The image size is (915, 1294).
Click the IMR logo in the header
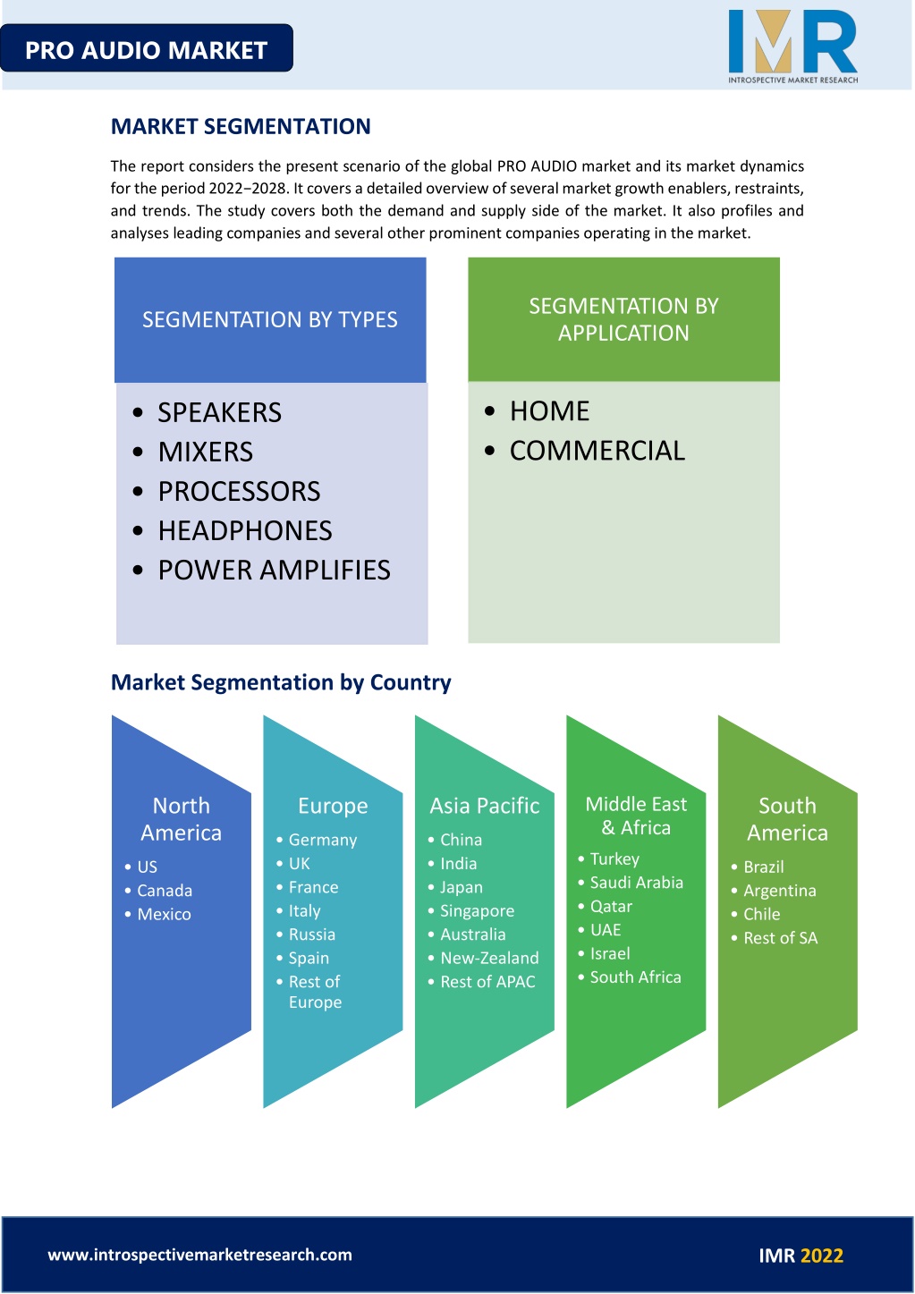792,47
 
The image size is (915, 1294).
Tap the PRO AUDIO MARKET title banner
146,48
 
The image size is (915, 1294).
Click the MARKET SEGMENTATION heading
241,126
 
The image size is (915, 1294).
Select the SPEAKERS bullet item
219,412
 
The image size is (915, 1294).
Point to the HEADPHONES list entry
245,531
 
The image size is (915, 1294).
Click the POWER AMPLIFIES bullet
274,571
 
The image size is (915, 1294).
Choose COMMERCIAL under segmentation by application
597,451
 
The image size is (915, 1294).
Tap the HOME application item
549,411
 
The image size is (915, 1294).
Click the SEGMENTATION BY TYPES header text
270,319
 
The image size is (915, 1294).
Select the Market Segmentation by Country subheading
281,682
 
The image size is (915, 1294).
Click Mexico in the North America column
164,914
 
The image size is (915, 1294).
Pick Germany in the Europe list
323,840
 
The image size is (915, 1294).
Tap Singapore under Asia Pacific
477,911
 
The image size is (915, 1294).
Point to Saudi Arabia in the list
637,882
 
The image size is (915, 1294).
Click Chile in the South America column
761,914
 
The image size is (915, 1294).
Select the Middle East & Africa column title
636,816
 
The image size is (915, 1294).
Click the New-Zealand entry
489,958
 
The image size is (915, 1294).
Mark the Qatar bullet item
611,907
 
